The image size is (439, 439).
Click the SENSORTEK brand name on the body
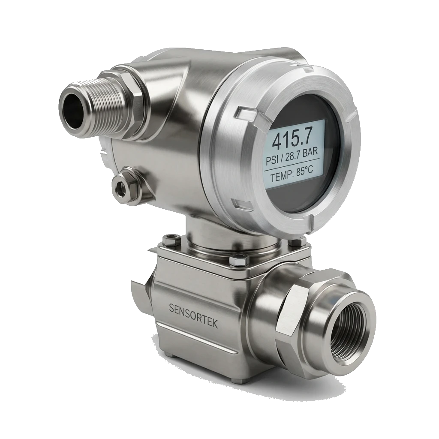pos(193,315)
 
